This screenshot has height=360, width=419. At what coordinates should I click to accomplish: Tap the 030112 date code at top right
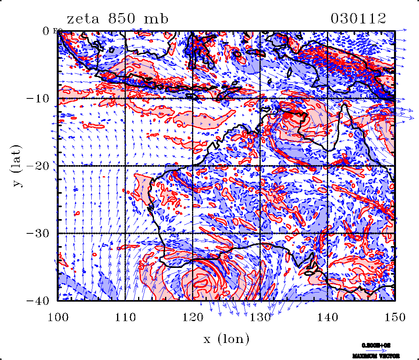coord(358,19)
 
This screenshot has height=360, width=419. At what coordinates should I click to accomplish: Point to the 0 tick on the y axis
coord(46,31)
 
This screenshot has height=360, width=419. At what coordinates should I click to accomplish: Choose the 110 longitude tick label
coord(125,317)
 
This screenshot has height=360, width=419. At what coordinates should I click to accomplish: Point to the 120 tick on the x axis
coord(192,317)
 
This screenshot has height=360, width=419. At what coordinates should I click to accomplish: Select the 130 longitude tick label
coord(260,317)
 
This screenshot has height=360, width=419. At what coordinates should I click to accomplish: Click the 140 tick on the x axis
coord(327,317)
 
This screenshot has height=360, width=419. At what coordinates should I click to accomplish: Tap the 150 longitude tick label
coord(394,317)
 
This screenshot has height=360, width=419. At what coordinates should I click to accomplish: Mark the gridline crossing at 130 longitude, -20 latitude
coord(260,166)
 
